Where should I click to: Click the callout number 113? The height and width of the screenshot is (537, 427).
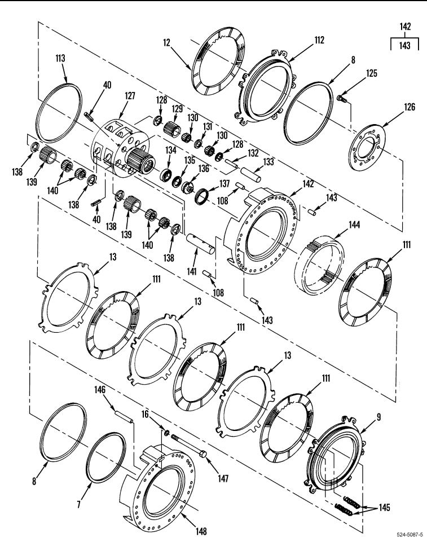pyautogui.click(x=60, y=58)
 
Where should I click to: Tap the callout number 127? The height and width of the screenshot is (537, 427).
pyautogui.click(x=130, y=96)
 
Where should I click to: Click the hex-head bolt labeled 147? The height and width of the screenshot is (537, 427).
pyautogui.click(x=188, y=446)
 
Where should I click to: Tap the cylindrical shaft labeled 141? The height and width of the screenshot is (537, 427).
pyautogui.click(x=201, y=244)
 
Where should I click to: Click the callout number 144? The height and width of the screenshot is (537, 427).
pyautogui.click(x=354, y=225)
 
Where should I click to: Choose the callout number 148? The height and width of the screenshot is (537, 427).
pyautogui.click(x=201, y=531)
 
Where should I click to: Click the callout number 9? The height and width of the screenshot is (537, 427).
pyautogui.click(x=378, y=417)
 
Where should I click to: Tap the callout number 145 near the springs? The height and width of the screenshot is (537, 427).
pyautogui.click(x=384, y=507)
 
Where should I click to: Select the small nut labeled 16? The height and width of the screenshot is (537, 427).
pyautogui.click(x=167, y=433)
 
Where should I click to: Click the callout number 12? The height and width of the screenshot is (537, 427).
pyautogui.click(x=166, y=42)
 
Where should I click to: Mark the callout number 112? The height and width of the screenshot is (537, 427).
pyautogui.click(x=319, y=40)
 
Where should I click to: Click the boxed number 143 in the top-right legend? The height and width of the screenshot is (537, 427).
pyautogui.click(x=405, y=46)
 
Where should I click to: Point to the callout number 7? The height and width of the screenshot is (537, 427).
pyautogui.click(x=79, y=504)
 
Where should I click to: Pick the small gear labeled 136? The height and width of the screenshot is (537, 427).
pyautogui.click(x=186, y=188)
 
